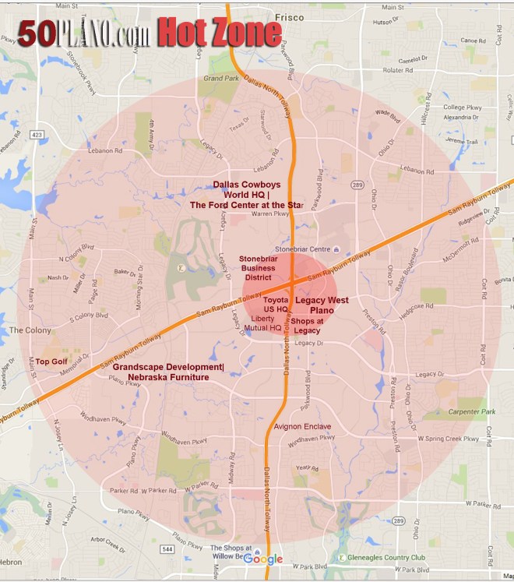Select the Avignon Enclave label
point(302,427)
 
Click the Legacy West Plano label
point(322,305)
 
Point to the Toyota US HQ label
point(276,304)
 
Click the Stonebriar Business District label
point(257,267)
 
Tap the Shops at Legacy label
point(308,326)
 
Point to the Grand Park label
point(220,79)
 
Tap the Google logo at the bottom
point(263,559)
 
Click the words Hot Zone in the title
point(220,33)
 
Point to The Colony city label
point(30,330)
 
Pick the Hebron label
point(11,561)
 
